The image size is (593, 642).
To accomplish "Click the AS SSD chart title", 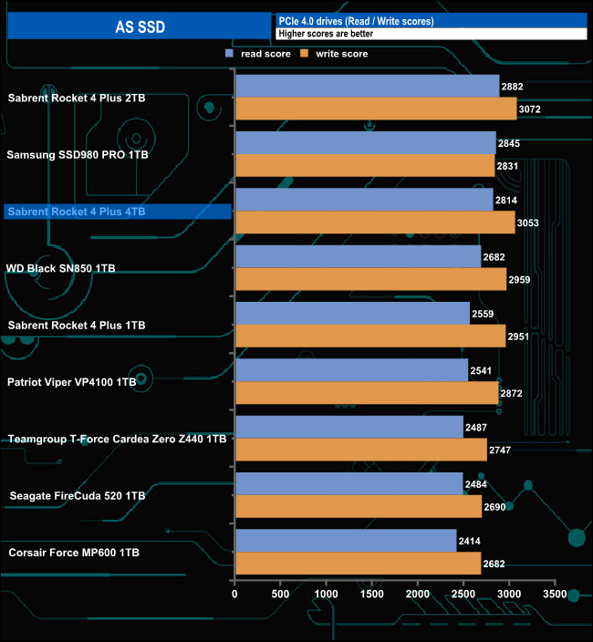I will point(140,26).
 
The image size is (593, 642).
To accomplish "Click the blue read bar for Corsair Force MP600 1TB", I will point(346,541).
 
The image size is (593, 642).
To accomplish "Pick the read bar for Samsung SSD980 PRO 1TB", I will point(365,143).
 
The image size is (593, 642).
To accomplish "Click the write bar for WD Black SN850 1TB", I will point(370,279).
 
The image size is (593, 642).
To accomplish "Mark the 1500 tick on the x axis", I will point(372,594).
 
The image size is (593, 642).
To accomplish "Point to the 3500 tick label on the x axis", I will point(555,594).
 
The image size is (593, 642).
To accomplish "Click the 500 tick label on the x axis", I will point(281,594).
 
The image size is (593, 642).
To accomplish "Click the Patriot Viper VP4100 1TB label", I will point(72,382).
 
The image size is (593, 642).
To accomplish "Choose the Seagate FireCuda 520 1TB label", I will point(75,495).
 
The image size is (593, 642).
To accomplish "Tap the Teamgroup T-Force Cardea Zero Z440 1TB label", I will point(117,439).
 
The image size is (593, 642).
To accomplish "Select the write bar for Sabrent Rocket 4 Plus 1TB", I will point(370,336).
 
